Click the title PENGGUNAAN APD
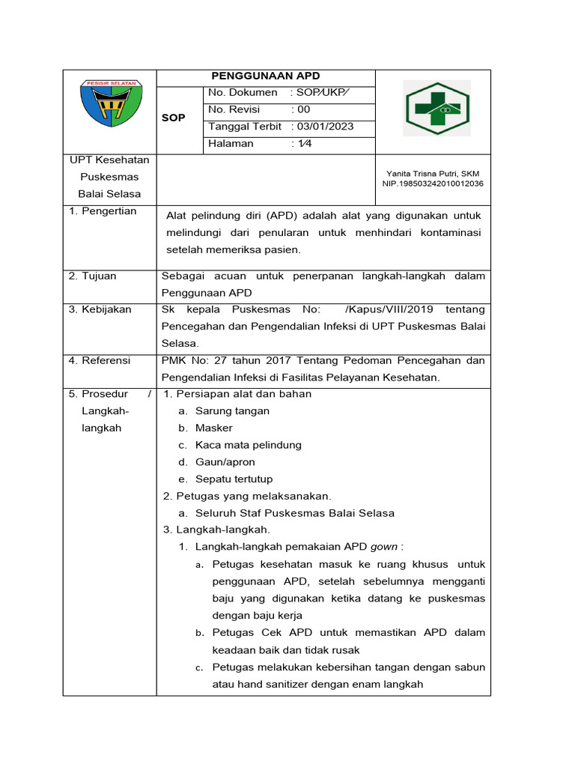(x=266, y=76)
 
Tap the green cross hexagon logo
(x=437, y=109)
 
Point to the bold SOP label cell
(x=174, y=118)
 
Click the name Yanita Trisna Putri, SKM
(x=433, y=173)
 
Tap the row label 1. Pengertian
(x=103, y=211)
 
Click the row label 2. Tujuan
(x=93, y=276)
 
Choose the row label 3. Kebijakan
(x=100, y=309)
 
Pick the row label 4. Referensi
(x=100, y=360)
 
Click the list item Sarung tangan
(x=232, y=410)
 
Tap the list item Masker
(x=214, y=428)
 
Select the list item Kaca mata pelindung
(x=248, y=445)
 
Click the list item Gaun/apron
(x=225, y=462)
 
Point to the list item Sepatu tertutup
(x=234, y=479)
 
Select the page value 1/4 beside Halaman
(x=305, y=143)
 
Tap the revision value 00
(x=303, y=109)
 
